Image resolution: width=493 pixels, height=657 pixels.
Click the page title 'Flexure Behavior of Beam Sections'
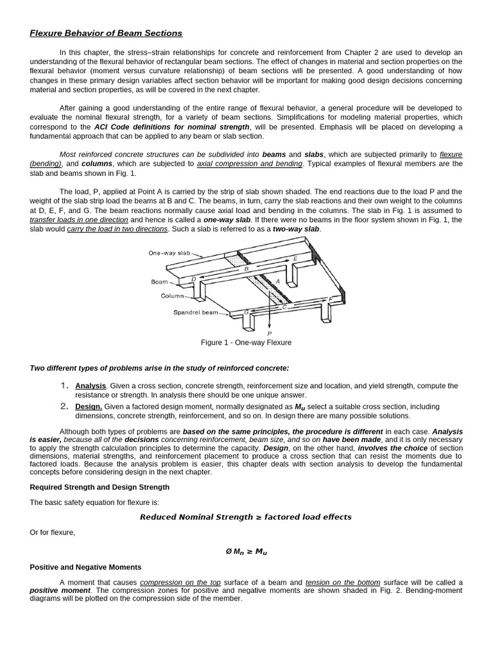106,33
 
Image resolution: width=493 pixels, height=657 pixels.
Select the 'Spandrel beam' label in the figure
195,313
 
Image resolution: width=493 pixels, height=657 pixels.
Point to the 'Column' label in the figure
172,296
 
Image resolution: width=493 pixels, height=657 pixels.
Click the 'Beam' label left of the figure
159,282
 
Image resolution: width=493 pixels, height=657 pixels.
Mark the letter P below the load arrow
269,334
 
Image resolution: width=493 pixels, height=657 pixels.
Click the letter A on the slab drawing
277,282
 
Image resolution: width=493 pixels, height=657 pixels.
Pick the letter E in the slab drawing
295,259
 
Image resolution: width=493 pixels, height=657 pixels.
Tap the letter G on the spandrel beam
246,312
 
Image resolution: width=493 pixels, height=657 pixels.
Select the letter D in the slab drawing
194,279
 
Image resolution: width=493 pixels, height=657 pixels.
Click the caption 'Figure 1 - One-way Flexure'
246,343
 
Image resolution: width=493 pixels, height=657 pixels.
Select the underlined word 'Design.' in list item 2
89,406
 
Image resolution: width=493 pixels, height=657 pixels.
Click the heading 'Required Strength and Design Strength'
99,487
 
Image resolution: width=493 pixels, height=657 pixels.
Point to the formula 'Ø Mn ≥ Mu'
246,550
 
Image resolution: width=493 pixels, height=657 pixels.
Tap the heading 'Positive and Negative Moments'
85,567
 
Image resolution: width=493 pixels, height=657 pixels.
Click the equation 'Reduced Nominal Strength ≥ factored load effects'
246,517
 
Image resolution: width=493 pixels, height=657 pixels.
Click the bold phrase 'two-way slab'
295,229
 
